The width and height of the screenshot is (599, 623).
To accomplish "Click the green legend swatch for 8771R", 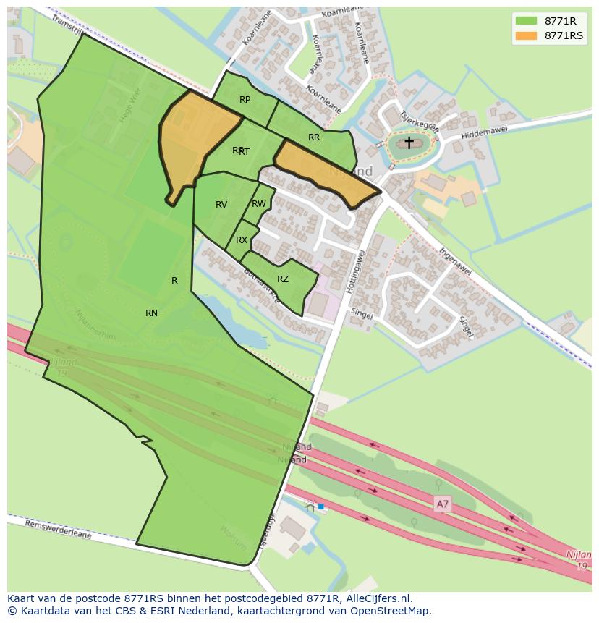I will click(527, 21).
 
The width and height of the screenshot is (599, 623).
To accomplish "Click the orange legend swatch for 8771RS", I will click(527, 35).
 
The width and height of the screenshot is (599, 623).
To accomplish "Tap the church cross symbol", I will click(409, 143).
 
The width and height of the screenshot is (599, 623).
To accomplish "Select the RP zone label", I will click(245, 100).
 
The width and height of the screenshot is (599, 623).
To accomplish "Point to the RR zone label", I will click(314, 137).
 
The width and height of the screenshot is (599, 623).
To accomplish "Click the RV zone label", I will click(221, 205).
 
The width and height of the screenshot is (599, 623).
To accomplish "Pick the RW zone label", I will click(258, 204).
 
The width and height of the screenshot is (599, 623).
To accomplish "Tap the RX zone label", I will click(242, 240).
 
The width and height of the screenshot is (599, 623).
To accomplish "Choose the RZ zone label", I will click(283, 279).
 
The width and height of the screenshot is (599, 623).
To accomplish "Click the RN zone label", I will click(151, 313).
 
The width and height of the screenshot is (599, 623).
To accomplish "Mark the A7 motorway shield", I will click(442, 504).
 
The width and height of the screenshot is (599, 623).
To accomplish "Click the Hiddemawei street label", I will click(484, 131).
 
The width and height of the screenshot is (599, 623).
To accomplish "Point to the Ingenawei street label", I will click(455, 261).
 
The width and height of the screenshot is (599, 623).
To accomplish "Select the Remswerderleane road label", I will click(59, 530).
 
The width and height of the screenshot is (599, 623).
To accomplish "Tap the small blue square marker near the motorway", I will click(320, 507).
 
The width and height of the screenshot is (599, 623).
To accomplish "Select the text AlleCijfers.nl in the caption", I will click(377, 598).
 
